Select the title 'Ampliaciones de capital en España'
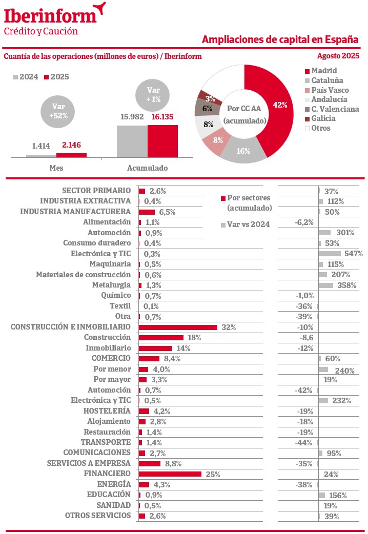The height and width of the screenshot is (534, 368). pos(280,39)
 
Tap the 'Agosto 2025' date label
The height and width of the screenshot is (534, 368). pos(338,56)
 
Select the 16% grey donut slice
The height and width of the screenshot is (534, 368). pos(243,151)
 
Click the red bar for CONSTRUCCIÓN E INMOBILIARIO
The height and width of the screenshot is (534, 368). pos(178,327)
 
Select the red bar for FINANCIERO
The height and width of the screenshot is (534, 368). pos(170,474)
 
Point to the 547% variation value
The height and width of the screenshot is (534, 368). pos(354,254)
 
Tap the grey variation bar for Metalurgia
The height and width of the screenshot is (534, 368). pos(326,285)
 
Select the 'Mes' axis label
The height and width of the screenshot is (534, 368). pos(56,168)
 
